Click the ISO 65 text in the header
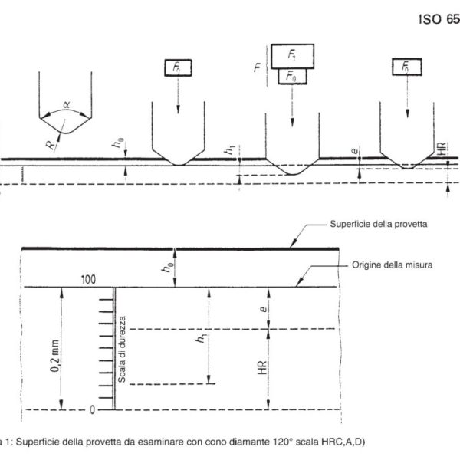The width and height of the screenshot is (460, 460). pos(439,21)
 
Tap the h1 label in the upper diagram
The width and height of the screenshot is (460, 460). pos(228,151)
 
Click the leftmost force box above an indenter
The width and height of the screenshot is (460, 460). pos(177,67)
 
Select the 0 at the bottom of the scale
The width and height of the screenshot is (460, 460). pos(92,409)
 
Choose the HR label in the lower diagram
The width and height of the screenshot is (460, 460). pos(262,370)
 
